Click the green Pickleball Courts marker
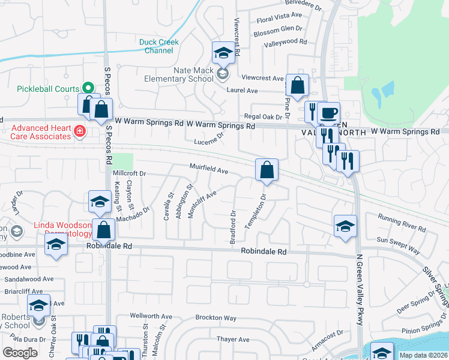click(x=87, y=89)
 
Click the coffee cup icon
click(x=328, y=113)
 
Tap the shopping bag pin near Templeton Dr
click(x=266, y=170)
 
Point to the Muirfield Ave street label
click(x=209, y=170)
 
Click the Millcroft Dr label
click(x=130, y=173)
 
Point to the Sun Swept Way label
click(x=398, y=244)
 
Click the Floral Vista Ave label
click(x=278, y=14)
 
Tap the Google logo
click(x=20, y=353)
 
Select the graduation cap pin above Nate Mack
click(x=223, y=53)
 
